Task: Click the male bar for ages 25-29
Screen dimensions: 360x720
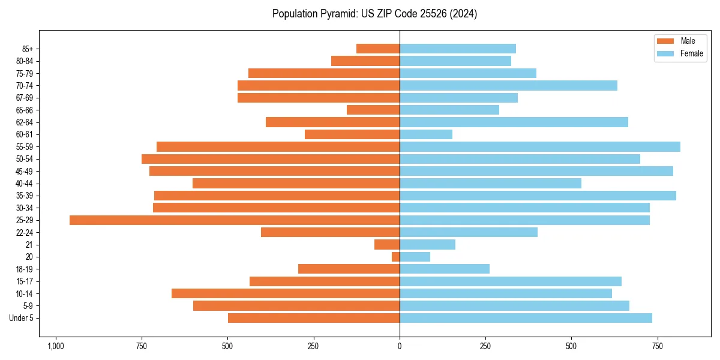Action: (234, 220)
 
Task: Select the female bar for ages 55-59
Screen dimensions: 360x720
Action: (540, 147)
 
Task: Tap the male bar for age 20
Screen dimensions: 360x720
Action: (396, 257)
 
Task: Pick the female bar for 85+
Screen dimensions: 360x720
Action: (458, 49)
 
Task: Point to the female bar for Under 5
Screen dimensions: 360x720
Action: (526, 318)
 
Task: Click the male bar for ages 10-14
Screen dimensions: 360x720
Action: (286, 293)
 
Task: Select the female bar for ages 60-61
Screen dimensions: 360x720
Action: (426, 134)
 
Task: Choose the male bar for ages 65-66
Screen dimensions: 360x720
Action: (373, 110)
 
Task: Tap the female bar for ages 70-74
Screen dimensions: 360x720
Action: (508, 86)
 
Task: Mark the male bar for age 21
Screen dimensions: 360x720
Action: (387, 245)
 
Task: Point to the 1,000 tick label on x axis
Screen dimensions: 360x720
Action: (56, 346)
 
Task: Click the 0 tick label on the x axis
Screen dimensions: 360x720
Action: (400, 346)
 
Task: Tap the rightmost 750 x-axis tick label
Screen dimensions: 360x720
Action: (658, 346)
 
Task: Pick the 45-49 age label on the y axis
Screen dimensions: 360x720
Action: (25, 172)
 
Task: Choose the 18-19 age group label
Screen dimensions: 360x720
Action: (25, 269)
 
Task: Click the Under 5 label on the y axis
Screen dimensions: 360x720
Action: (22, 318)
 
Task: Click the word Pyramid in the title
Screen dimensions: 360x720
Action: (336, 14)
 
